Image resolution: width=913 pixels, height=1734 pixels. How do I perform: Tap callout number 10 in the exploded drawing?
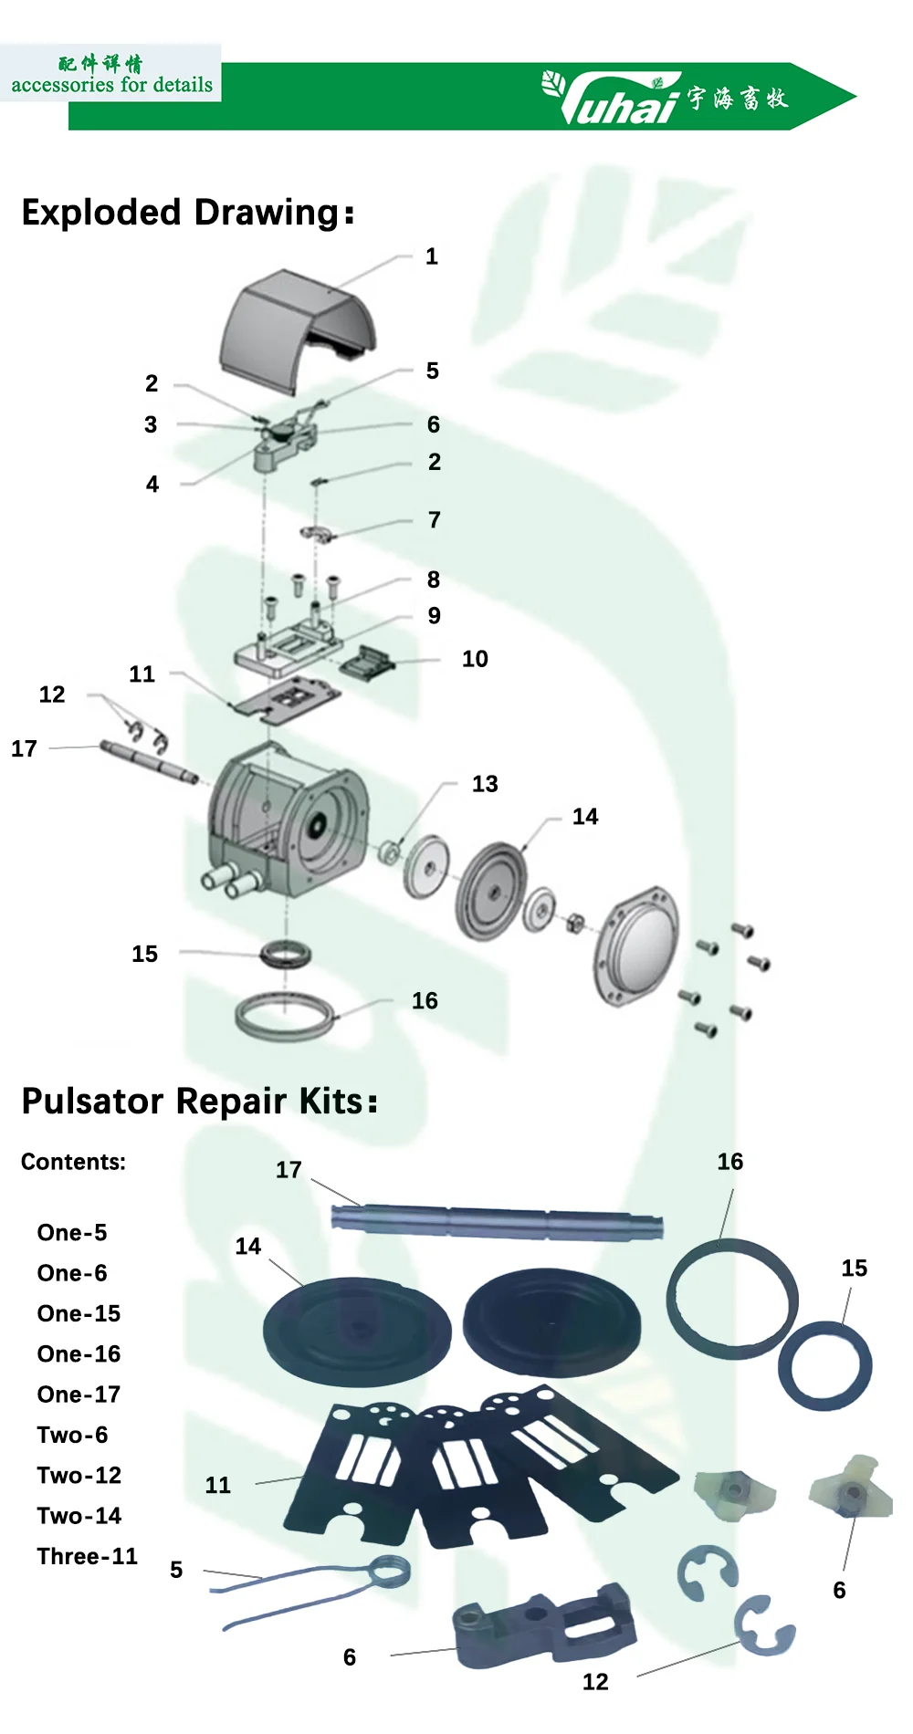click(475, 659)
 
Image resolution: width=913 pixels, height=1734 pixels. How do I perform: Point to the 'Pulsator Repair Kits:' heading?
click(199, 1102)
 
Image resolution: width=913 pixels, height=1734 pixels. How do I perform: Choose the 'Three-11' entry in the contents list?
click(87, 1556)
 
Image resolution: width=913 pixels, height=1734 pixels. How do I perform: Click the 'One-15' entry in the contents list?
click(79, 1313)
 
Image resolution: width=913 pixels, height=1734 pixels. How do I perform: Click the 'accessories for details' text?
click(111, 85)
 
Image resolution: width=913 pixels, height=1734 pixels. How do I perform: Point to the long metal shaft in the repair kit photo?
click(498, 1222)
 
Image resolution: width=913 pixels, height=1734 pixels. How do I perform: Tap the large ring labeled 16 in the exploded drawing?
click(284, 1016)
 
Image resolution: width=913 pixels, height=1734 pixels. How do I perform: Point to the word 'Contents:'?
click(73, 1162)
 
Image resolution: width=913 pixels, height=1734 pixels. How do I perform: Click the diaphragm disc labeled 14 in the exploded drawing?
click(491, 890)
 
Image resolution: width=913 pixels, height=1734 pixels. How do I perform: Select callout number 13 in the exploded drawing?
click(485, 784)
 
